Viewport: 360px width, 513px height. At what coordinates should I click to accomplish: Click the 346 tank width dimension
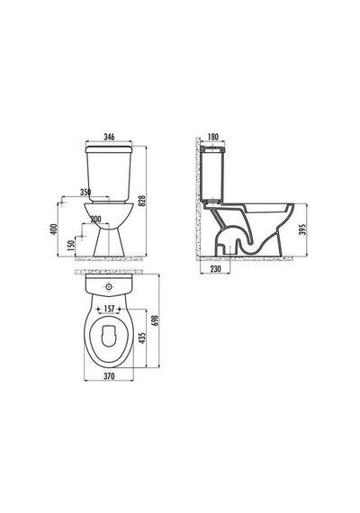point(109,137)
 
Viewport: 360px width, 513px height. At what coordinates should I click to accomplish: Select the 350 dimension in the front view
point(85,193)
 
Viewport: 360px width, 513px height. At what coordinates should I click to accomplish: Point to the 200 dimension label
point(95,220)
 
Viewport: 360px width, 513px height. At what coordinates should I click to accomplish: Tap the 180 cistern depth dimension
point(212,137)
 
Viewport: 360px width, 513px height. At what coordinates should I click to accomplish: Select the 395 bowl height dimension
point(302,229)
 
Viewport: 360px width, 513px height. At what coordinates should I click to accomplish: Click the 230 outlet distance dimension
point(215,269)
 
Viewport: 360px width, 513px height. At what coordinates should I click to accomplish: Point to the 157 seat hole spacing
point(109,309)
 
